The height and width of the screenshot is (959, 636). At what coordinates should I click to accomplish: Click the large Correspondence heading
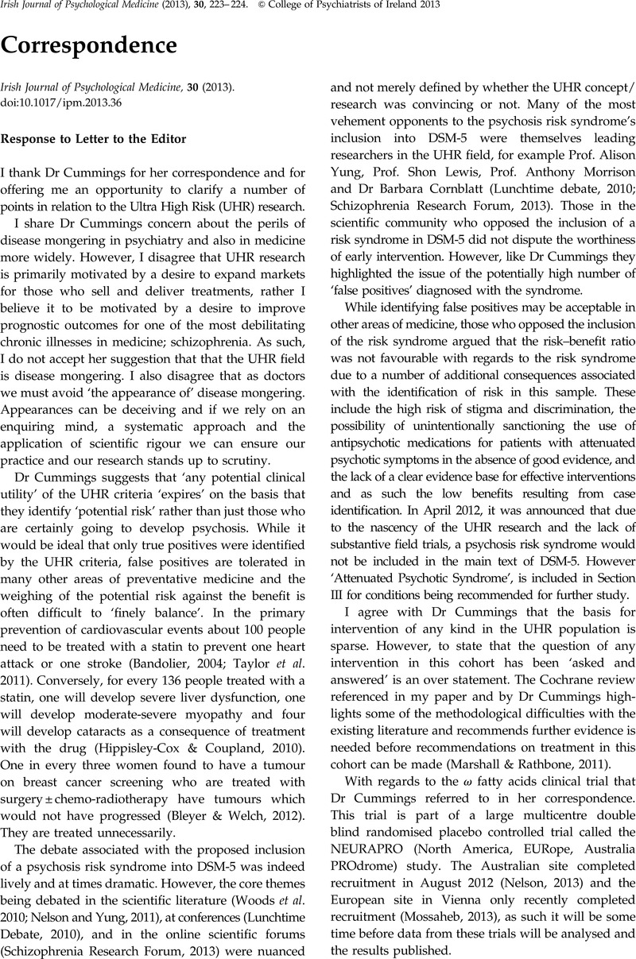[89, 46]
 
